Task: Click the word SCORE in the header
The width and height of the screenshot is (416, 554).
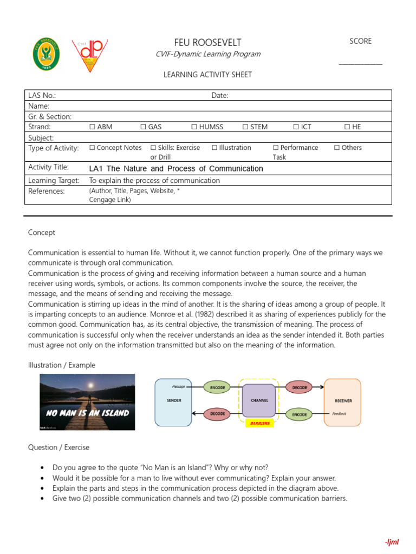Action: click(x=360, y=41)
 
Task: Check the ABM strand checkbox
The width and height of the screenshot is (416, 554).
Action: click(x=92, y=127)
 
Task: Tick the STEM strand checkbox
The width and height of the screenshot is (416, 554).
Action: click(x=245, y=127)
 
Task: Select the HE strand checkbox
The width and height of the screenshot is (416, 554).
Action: click(x=347, y=127)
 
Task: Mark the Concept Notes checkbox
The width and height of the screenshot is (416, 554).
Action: click(x=92, y=148)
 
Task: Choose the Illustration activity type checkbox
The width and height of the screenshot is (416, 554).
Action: click(x=214, y=148)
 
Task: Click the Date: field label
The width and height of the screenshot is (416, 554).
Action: click(x=220, y=96)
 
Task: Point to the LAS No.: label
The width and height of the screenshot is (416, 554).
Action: click(x=42, y=96)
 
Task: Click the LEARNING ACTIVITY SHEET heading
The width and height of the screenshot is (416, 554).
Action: click(x=207, y=75)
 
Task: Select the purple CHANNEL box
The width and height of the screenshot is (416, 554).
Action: click(x=259, y=401)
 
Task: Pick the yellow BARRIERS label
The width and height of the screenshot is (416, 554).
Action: click(x=259, y=424)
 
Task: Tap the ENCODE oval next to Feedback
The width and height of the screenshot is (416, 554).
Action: click(x=300, y=414)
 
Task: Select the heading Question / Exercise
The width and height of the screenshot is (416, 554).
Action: click(x=58, y=447)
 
